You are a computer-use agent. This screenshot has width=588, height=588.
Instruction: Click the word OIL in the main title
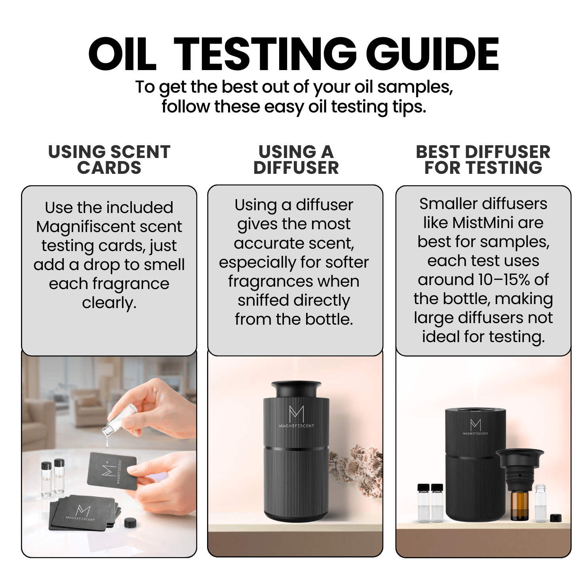coord(122,54)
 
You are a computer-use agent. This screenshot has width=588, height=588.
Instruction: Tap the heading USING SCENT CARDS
coord(109,160)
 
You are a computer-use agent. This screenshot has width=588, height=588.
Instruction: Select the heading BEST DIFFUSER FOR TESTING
coord(483,160)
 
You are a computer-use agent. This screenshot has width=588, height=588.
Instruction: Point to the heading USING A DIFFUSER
coord(296,160)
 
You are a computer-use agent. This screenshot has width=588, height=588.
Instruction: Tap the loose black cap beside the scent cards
coord(130,523)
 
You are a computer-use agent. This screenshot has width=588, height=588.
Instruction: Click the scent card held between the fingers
coord(112,471)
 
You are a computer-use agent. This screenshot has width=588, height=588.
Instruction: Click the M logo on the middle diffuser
coord(296,414)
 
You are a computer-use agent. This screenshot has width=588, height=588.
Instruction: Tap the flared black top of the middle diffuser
coord(296,389)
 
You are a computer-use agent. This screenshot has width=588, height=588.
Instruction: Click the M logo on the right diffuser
coord(476,425)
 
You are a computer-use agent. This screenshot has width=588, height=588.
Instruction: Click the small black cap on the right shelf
coord(556,518)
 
